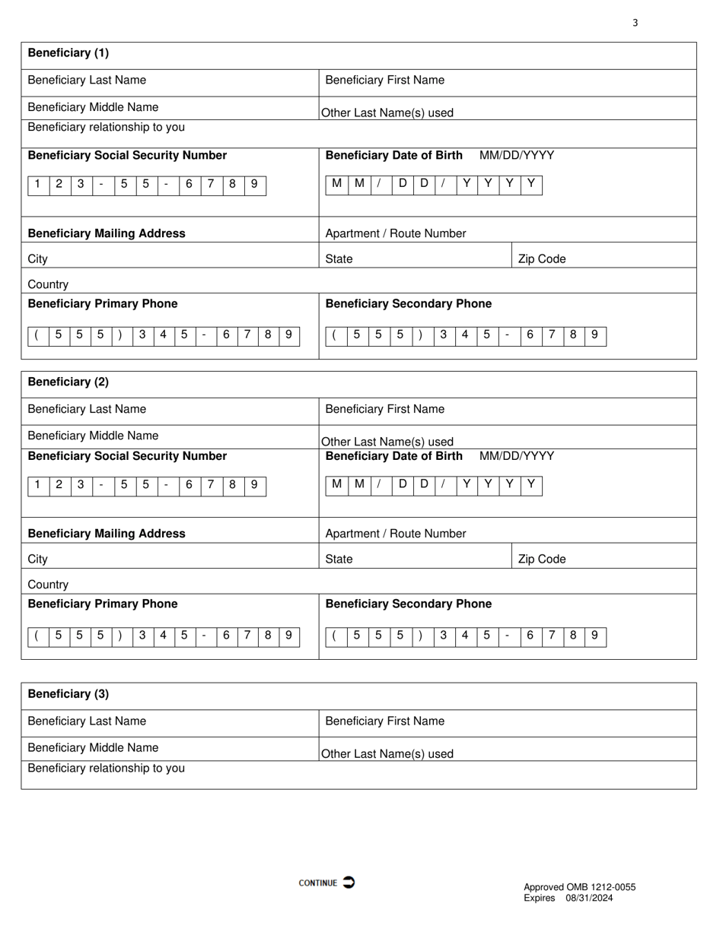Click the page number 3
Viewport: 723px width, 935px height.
pos(635,23)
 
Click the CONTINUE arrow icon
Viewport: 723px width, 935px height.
pos(349,882)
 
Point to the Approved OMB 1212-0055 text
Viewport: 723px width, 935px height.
pos(579,887)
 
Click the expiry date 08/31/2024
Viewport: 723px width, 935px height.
pos(588,898)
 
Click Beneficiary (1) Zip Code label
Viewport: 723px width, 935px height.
pos(542,259)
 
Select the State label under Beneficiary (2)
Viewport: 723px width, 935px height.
pos(339,559)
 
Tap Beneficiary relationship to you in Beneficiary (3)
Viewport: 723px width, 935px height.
pos(106,768)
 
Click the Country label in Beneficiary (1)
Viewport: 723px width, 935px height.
pos(48,284)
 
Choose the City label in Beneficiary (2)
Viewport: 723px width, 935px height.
pos(37,559)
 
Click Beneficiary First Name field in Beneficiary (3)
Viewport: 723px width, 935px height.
pos(384,721)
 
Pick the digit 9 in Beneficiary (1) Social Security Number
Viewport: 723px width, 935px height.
pos(254,183)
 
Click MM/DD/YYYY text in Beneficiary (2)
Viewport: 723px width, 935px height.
pos(517,456)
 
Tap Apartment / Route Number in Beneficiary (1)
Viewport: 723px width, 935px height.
pos(396,233)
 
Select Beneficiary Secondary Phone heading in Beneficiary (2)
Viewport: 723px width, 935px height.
pos(408,604)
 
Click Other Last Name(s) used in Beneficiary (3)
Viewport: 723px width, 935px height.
pos(387,754)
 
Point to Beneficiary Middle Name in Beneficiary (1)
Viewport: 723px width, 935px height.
pos(93,107)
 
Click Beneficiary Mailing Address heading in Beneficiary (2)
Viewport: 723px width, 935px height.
pos(107,534)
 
